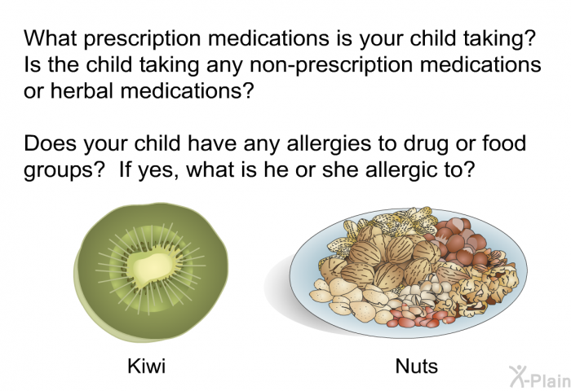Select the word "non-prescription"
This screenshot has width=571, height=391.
332,65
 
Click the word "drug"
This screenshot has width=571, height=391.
425,144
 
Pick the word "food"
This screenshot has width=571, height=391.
504,143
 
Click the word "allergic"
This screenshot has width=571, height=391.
399,170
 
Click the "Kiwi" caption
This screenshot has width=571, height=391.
146,366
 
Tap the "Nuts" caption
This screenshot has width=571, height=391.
416,366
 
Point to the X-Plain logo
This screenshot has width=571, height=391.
539,376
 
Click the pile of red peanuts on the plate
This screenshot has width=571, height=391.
418,315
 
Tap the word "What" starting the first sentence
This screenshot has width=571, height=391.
51,37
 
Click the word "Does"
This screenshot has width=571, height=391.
51,143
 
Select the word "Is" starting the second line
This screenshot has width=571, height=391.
33,64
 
